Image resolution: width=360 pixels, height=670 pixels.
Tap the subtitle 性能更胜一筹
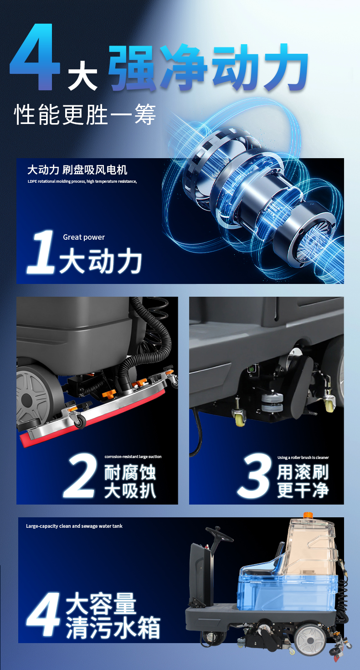click(85, 115)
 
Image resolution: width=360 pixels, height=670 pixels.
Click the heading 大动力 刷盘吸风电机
click(77, 170)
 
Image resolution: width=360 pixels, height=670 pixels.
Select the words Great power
click(84, 237)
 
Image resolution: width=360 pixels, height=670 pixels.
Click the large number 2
click(81, 476)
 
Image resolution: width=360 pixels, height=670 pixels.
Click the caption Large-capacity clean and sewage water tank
click(74, 526)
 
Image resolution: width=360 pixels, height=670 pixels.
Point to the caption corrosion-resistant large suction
click(133, 457)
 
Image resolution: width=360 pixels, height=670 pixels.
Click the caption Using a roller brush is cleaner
click(303, 457)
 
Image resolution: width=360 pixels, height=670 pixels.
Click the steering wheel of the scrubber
click(220, 533)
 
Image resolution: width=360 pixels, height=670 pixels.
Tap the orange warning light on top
click(309, 515)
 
